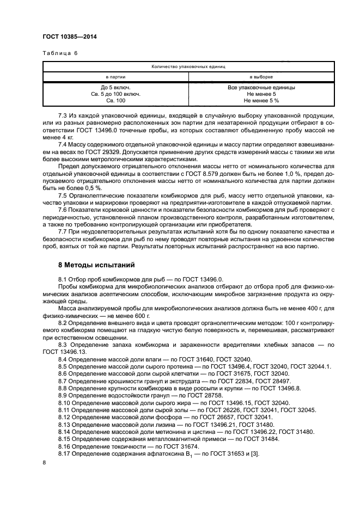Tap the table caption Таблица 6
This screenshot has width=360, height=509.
tap(60, 53)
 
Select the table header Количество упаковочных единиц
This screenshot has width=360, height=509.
tap(188, 66)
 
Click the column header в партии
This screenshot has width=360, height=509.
tap(115, 77)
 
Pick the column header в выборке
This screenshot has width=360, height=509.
tap(261, 77)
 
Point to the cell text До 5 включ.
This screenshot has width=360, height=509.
tap(115, 87)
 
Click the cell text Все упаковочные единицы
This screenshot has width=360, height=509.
tap(261, 87)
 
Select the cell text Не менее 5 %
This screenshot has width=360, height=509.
tap(261, 101)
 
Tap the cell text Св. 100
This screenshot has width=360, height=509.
tap(115, 101)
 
